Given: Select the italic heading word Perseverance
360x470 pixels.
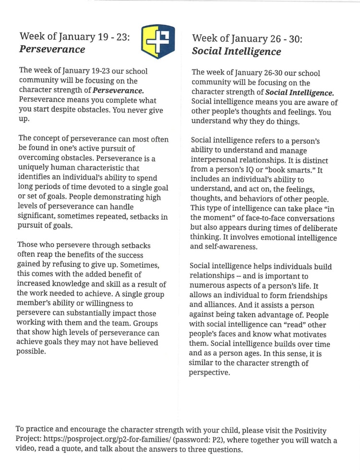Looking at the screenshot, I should point(52,49).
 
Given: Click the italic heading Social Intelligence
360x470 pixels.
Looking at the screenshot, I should point(236,51).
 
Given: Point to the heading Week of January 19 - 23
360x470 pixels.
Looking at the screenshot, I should point(75,36).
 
